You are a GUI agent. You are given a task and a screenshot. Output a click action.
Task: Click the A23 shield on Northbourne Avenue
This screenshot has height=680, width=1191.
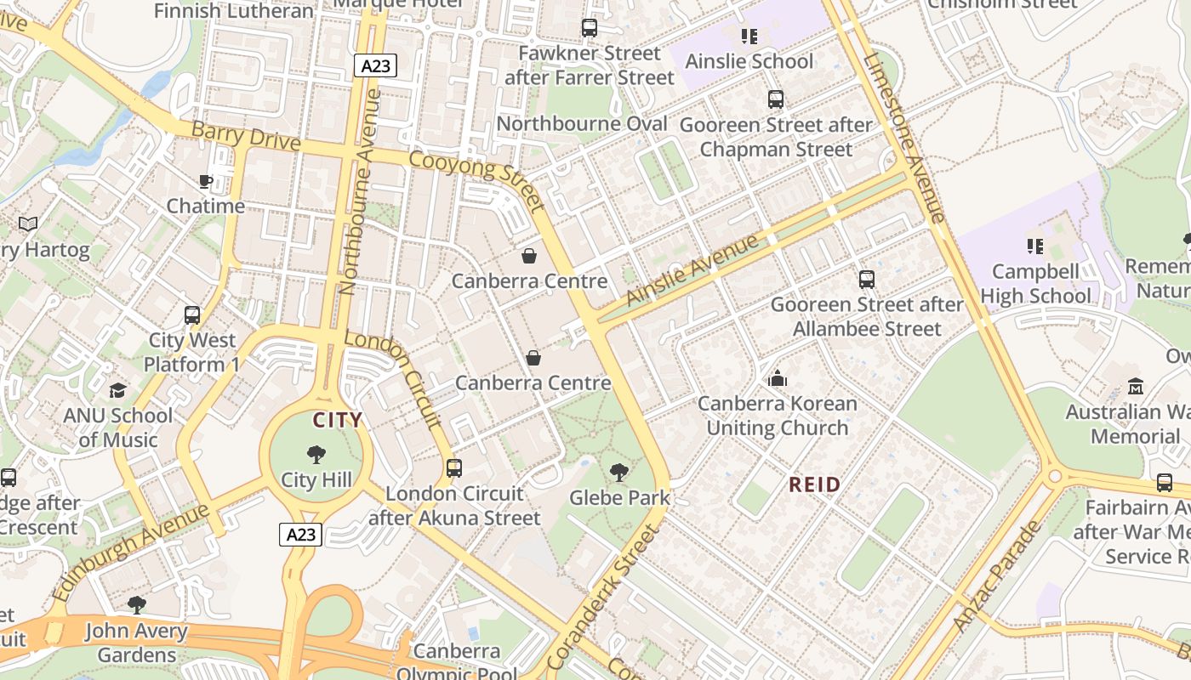pos(375,65)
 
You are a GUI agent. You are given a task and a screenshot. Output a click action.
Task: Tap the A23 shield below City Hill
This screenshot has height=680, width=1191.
pos(301,535)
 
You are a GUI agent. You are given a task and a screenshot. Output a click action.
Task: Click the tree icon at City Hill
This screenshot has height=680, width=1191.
pos(316,455)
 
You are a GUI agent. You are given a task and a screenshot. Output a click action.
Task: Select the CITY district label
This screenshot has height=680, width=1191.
pos(338,420)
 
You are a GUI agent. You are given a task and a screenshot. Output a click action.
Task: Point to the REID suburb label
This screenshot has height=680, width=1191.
pos(814,485)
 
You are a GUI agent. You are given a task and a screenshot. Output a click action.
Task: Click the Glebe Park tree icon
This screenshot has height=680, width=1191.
pos(619,473)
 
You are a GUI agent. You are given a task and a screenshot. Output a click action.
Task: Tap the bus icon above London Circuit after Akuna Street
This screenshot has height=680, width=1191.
pos(454,467)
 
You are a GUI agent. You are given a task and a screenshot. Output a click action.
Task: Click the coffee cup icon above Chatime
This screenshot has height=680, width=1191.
pos(205,181)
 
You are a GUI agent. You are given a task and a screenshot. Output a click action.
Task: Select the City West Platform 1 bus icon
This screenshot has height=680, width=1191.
pos(192,315)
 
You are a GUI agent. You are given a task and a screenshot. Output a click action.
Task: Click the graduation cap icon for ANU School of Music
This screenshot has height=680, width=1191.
pos(117,390)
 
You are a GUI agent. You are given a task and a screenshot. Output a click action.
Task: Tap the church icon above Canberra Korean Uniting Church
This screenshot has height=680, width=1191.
pos(778,378)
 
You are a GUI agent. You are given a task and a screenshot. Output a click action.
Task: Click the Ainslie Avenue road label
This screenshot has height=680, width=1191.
pos(691,271)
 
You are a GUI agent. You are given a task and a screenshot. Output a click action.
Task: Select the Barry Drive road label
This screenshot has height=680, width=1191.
pos(246,136)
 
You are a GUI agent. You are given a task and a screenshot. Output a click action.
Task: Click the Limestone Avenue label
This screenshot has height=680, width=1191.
pos(903,138)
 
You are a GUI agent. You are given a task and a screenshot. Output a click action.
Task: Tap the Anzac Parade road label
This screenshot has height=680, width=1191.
pos(997,576)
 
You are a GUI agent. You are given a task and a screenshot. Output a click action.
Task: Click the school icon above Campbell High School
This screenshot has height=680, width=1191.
pos(1035,246)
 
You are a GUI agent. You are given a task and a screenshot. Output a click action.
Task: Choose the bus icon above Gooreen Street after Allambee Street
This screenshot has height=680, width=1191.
pos(867,279)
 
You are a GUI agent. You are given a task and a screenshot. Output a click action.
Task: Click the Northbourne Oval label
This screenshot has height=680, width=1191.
pos(582,124)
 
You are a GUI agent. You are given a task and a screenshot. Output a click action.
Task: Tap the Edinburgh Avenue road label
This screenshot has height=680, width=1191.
pos(129,552)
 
